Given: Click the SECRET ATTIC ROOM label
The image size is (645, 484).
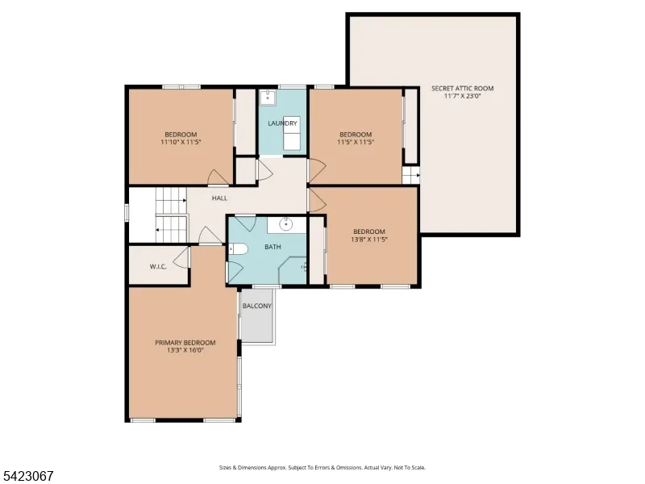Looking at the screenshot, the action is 462,88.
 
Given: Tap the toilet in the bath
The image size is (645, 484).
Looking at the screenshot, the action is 238,249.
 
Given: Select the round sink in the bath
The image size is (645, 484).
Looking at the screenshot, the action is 286,225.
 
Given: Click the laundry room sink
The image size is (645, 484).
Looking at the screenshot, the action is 268,96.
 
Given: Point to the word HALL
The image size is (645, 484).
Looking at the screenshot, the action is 219,198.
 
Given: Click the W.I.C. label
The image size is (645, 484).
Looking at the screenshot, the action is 158,267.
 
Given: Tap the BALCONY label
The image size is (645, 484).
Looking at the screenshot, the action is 257,306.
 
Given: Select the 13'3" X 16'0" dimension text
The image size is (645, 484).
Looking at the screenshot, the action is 185,350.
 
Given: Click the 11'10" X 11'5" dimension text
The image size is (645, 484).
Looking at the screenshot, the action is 181,142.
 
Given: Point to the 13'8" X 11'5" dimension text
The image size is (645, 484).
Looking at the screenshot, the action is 369,239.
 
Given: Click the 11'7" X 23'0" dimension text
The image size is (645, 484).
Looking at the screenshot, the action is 462,96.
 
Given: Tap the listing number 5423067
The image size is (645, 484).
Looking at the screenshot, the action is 27,476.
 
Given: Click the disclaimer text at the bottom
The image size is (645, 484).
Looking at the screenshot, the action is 322,468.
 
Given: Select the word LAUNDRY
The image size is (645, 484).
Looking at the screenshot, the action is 283,123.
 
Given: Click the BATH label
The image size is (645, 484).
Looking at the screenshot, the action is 273,247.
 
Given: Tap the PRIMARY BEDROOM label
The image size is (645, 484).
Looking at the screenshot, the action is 185,342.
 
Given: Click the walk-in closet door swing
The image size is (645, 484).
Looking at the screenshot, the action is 181,257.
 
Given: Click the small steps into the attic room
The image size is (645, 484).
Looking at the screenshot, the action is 410,175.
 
